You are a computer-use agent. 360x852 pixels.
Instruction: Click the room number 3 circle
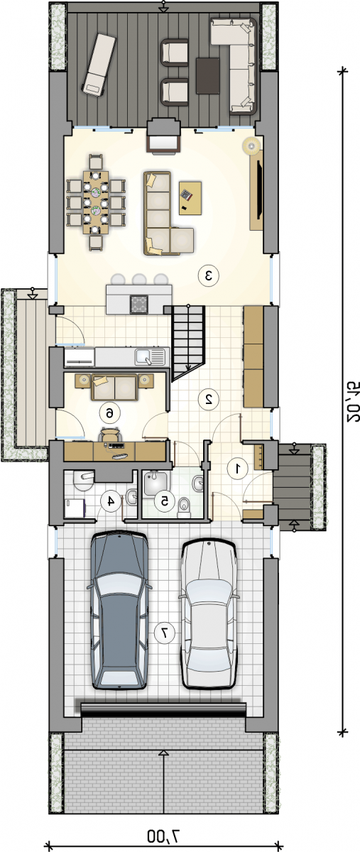click(x=209, y=275)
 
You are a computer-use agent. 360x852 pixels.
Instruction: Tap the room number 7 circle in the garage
click(x=165, y=633)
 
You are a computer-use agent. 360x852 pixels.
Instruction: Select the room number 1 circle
click(x=238, y=469)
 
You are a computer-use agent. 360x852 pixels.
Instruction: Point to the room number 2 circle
click(x=209, y=398)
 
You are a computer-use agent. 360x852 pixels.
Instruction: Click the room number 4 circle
click(x=111, y=501)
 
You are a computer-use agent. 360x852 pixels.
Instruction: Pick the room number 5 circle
click(x=165, y=501)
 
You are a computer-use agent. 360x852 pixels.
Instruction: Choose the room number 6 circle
click(x=109, y=413)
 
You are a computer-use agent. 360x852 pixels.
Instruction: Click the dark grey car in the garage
click(x=119, y=611)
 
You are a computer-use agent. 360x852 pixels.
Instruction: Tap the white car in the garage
click(x=209, y=616)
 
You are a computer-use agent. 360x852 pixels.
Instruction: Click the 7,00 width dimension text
click(x=163, y=835)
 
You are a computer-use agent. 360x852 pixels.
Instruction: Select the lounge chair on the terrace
click(x=98, y=65)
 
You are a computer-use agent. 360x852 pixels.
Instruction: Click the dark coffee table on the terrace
click(x=208, y=76)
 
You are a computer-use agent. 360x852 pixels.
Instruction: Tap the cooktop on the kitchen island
click(x=139, y=304)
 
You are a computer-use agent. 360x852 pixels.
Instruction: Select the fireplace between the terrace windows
click(x=163, y=136)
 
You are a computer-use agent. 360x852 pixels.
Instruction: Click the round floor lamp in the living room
click(x=252, y=145)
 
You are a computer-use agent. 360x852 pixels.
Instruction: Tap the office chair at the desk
click(x=110, y=434)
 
